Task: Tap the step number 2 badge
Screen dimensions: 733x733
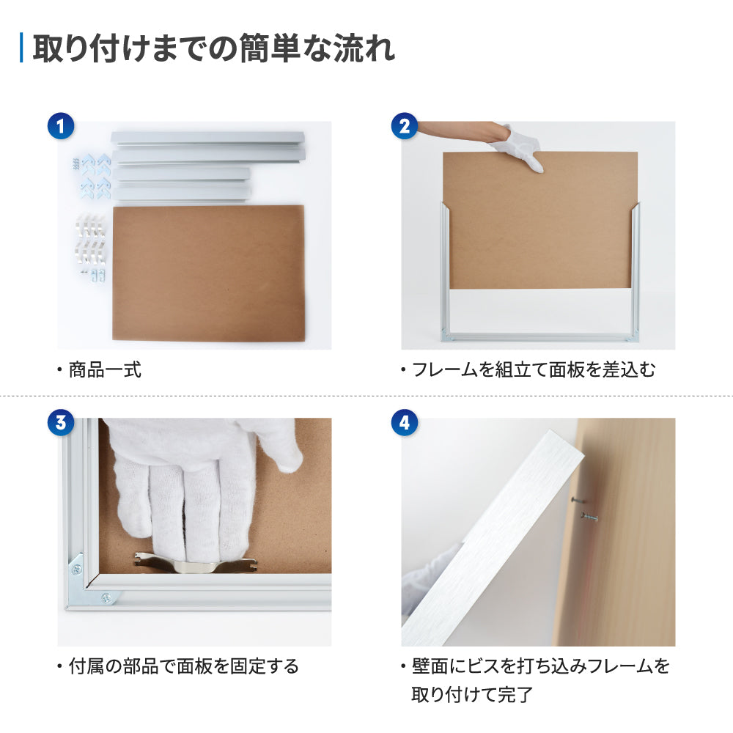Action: pyautogui.click(x=403, y=126)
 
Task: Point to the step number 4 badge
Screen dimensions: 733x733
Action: pyautogui.click(x=403, y=422)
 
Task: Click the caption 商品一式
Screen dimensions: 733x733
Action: pyautogui.click(x=105, y=370)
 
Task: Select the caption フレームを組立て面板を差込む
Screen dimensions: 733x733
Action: pyautogui.click(x=533, y=370)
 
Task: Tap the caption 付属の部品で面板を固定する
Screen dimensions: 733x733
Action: pyautogui.click(x=183, y=666)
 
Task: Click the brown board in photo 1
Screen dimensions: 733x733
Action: pyautogui.click(x=209, y=273)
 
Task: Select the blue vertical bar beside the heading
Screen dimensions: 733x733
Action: pyautogui.click(x=21, y=48)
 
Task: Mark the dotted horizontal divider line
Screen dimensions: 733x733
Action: pyautogui.click(x=366, y=396)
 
